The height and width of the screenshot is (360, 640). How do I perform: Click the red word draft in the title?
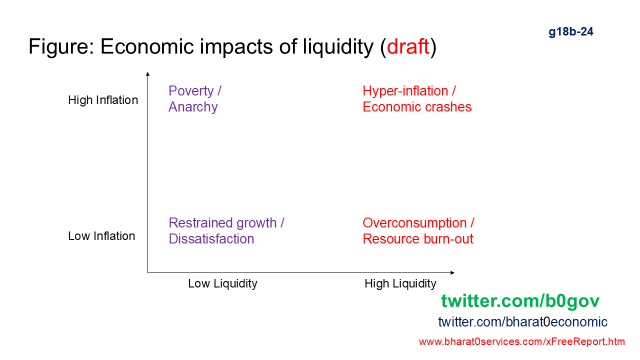[408, 46]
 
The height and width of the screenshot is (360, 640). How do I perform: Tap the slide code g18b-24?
[571, 31]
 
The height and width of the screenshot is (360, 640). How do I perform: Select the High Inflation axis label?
[103, 100]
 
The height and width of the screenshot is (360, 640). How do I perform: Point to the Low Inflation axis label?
[101, 236]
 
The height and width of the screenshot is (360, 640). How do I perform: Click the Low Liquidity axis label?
[222, 284]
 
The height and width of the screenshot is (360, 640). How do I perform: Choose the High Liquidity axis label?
[400, 284]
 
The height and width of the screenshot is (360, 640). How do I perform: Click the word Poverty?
[191, 91]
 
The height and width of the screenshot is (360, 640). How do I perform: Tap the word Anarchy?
[193, 107]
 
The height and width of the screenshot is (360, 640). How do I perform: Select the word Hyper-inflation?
[405, 91]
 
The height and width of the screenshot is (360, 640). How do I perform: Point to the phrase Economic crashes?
[417, 107]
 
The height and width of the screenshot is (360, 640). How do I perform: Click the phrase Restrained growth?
[222, 223]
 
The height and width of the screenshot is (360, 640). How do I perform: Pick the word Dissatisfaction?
[211, 239]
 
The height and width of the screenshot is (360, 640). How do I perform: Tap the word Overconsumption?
[414, 223]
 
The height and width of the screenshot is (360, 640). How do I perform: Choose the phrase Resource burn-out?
[418, 239]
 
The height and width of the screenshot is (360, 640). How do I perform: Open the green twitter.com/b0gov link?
[520, 301]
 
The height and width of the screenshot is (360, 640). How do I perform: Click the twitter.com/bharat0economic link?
[522, 322]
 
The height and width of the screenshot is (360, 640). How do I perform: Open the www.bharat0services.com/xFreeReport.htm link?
[522, 341]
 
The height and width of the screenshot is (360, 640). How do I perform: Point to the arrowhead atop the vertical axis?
[147, 74]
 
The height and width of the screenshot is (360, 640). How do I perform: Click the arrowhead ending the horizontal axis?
[452, 273]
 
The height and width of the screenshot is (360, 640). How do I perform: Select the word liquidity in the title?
[338, 46]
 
